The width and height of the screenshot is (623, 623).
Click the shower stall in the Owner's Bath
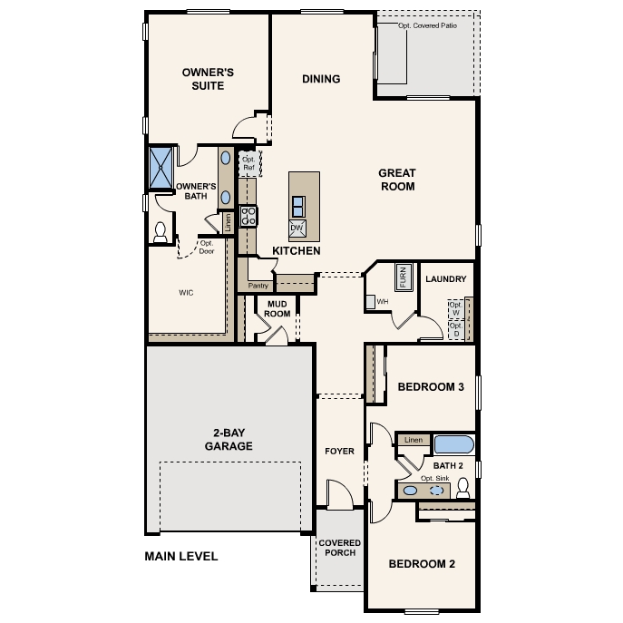point(161,168)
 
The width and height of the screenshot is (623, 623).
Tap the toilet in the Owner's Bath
point(161,232)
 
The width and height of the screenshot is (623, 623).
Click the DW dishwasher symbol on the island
point(297,228)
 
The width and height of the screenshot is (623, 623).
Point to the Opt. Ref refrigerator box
point(248,163)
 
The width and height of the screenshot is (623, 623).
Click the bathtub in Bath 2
point(453,444)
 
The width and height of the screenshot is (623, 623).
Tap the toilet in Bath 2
point(462,490)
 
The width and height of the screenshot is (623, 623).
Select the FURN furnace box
point(404,277)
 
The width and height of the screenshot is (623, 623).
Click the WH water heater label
point(382,301)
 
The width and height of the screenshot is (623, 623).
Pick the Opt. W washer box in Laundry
point(455,310)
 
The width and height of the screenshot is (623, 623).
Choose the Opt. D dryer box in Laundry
point(455,330)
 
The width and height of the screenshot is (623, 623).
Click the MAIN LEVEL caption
point(181,557)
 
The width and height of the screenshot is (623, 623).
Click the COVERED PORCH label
point(339,549)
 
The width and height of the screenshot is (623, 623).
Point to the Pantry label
point(258,286)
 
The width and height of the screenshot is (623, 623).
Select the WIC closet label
point(186,293)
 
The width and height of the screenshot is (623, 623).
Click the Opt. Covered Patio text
point(428,26)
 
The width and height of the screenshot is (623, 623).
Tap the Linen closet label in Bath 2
point(414,440)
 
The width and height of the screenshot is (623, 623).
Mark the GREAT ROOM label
point(396,180)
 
